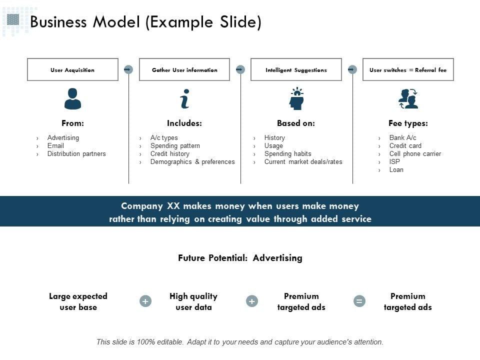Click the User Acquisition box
[x=72, y=69]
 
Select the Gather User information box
[x=184, y=69]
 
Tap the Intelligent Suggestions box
[x=296, y=69]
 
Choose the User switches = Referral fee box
[x=408, y=69]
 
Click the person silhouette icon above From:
[x=72, y=98]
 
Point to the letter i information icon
[x=185, y=98]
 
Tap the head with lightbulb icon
[x=296, y=98]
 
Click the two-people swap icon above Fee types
[x=408, y=98]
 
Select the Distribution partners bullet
[x=76, y=154]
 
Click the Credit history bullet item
[x=170, y=154]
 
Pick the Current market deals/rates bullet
[x=303, y=162]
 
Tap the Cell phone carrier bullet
[x=415, y=154]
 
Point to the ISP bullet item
[x=394, y=162]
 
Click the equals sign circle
[x=359, y=301]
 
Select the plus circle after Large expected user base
[x=145, y=301]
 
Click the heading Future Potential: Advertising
[x=240, y=258]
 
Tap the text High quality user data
[x=193, y=301]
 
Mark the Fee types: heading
[x=408, y=123]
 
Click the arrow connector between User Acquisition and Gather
[x=128, y=69]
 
